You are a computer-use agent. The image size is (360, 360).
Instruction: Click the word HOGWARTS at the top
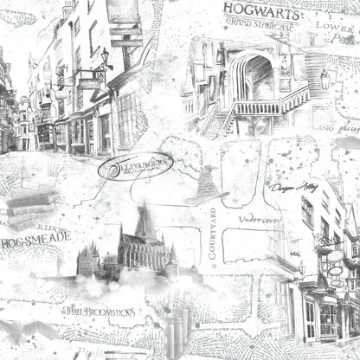pyautogui.click(x=260, y=10)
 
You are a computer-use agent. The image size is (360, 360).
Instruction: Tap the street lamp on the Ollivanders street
pyautogui.click(x=105, y=59)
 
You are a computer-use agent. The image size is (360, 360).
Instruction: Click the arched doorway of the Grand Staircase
pyautogui.click(x=257, y=78)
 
